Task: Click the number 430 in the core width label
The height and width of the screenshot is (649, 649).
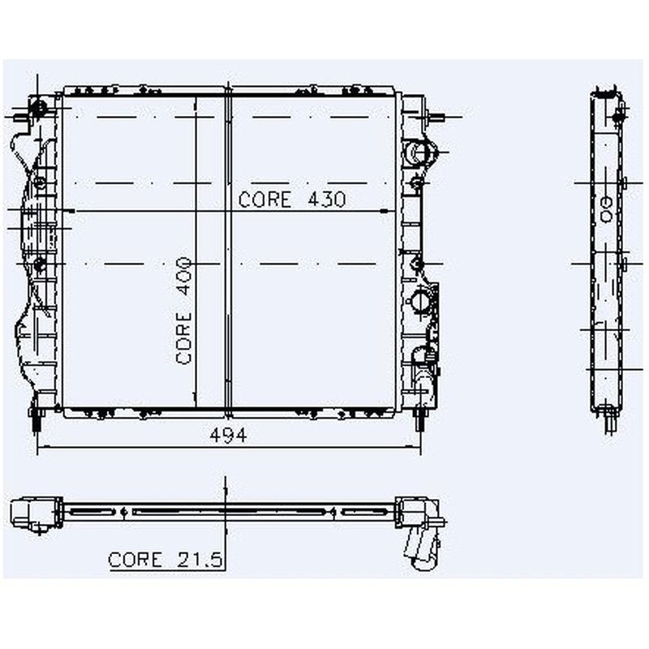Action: (x=327, y=200)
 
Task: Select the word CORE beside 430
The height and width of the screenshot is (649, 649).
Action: (x=265, y=200)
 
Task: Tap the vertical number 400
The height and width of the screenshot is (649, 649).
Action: (x=183, y=276)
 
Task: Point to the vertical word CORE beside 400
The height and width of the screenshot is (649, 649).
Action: (x=183, y=337)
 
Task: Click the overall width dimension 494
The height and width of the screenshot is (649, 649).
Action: (x=228, y=435)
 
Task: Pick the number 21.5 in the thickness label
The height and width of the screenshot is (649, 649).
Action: (x=200, y=560)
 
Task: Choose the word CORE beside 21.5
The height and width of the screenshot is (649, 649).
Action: (x=135, y=560)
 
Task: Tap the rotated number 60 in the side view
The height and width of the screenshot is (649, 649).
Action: (x=606, y=209)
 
